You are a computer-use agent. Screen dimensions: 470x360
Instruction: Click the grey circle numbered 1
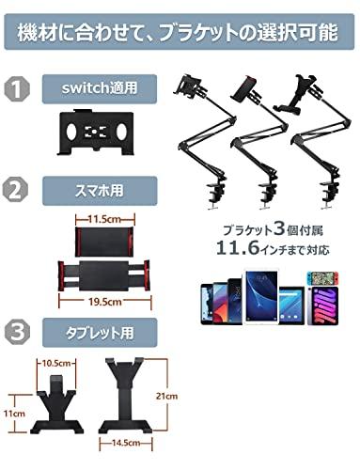click(x=17, y=92)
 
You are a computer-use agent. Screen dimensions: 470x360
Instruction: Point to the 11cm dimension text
click(x=13, y=412)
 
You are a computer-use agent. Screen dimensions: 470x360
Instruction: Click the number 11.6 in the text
click(x=238, y=248)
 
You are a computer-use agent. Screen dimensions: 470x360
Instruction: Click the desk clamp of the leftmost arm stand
click(x=210, y=192)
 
